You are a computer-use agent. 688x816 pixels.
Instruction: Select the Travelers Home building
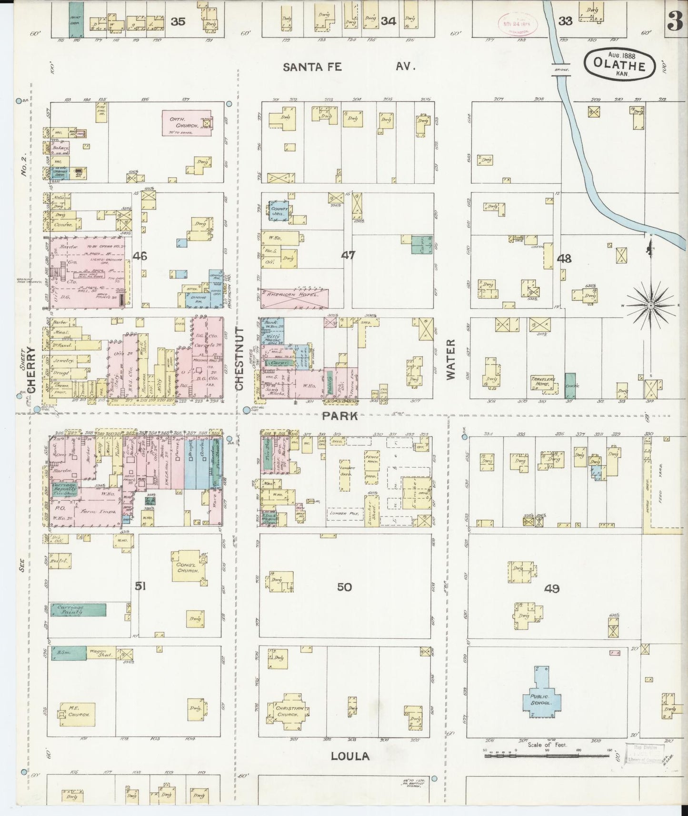pyautogui.click(x=543, y=382)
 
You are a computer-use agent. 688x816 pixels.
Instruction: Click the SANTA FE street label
pyautogui.click(x=312, y=67)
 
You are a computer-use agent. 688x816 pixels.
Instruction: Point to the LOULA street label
pyautogui.click(x=350, y=756)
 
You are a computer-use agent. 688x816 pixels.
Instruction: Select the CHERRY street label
pyautogui.click(x=32, y=370)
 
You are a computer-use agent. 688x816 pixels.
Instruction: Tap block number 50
pyautogui.click(x=344, y=587)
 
